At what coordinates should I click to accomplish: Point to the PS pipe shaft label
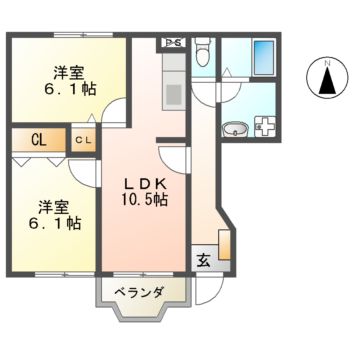172,42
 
